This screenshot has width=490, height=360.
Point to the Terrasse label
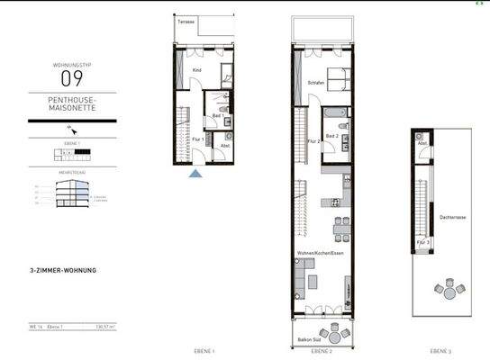coord(186,21)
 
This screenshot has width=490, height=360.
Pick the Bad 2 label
coord(331,136)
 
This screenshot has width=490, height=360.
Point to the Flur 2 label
coord(312,140)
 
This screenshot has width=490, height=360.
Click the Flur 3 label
coord(423,242)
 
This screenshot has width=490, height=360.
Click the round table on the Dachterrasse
coord(448,291)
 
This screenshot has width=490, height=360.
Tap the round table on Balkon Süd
coord(333,336)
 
